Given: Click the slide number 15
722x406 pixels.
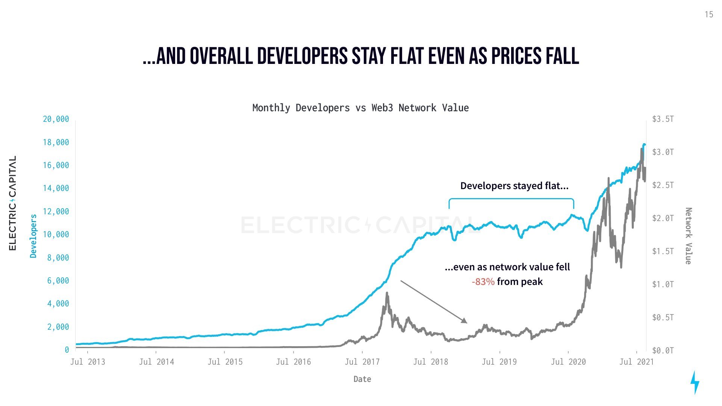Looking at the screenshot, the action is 708,15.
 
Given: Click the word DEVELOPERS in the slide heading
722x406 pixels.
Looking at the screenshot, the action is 302,56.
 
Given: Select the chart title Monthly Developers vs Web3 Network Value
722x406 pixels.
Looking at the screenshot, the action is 360,108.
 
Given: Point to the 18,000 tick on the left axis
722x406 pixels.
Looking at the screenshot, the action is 56,142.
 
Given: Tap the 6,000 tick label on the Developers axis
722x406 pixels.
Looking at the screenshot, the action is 58,280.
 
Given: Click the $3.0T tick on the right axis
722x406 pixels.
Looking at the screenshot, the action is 663,152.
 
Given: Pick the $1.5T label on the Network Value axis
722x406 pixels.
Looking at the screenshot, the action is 663,251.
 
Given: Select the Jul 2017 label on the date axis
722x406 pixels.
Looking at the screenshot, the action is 362,362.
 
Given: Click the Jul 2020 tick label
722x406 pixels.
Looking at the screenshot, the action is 568,362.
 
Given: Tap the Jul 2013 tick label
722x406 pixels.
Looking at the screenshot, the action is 88,362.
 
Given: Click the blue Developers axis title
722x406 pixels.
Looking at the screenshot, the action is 33,236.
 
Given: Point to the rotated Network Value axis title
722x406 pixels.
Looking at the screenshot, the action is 688,236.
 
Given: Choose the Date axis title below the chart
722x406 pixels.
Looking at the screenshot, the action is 362,379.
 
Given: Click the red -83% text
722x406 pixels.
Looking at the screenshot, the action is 483,282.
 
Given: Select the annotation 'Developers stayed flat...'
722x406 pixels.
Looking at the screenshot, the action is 514,186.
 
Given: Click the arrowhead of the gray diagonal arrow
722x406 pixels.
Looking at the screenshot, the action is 465,321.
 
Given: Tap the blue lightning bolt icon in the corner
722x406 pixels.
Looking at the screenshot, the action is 695,382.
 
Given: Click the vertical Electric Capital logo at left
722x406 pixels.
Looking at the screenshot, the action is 12,203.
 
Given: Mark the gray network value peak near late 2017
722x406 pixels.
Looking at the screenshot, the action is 387,293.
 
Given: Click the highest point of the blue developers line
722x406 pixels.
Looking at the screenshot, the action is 644,144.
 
